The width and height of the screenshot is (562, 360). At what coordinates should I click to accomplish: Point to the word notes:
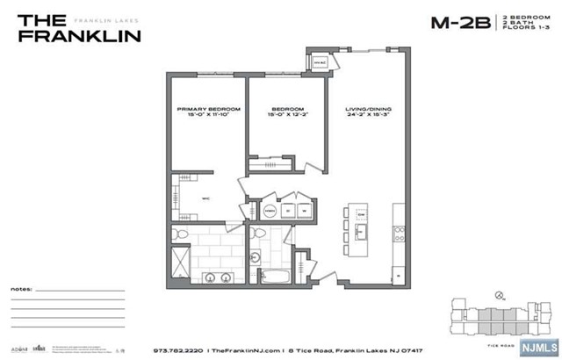pos(24,288)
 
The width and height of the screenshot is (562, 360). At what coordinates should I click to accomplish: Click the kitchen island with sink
pos(360,223)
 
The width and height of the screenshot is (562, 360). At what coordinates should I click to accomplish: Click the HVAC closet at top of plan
pos(317,62)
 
